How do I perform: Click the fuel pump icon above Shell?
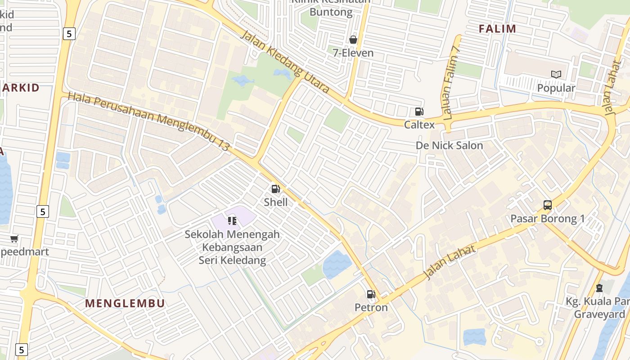point(276,189)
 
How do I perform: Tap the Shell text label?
point(276,202)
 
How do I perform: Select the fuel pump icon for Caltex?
point(419,112)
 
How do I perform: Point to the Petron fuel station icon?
point(371,294)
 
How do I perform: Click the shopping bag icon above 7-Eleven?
point(353,40)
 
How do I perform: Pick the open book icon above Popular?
point(556,74)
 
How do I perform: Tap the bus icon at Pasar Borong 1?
point(547,205)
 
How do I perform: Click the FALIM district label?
point(497,29)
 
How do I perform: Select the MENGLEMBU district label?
point(125,303)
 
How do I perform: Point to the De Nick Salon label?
point(449,145)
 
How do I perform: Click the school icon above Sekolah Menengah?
point(232,220)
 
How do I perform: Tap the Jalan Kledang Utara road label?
point(285,62)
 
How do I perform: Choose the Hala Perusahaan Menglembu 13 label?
point(149,121)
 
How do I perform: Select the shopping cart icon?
point(14,238)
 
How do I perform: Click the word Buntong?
point(331,12)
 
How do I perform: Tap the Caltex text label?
point(419,125)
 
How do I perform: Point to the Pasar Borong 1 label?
point(547,219)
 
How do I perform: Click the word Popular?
point(556,88)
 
